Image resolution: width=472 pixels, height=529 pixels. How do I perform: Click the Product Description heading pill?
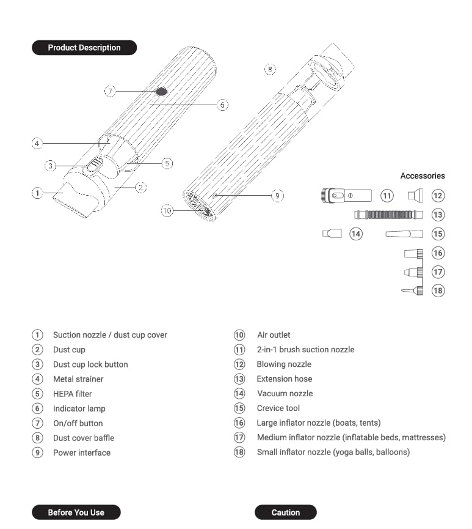click(x=84, y=48)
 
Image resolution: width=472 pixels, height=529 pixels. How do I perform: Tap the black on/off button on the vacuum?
click(x=161, y=91)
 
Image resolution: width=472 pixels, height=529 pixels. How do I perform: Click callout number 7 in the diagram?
click(x=110, y=91)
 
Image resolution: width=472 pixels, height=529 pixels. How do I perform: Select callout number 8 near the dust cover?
click(x=270, y=68)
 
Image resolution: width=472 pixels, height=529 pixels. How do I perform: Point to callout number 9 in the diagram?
click(x=278, y=196)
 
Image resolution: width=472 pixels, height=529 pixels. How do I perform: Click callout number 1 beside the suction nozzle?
click(x=37, y=193)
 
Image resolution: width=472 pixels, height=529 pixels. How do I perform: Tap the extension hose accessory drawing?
click(x=388, y=215)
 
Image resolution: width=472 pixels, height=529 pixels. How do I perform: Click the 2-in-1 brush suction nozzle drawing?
click(x=346, y=196)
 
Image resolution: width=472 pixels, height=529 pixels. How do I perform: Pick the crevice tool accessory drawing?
click(x=404, y=234)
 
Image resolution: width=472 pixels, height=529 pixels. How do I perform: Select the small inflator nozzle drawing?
click(x=412, y=290)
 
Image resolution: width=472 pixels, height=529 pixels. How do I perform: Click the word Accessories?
click(x=423, y=176)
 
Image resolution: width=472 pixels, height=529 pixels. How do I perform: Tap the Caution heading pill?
click(x=286, y=512)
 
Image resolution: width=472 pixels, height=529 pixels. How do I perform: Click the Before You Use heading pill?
click(x=76, y=512)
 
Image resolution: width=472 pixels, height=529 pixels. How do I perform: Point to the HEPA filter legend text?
click(x=72, y=394)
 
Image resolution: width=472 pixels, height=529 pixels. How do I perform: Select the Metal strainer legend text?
click(x=78, y=379)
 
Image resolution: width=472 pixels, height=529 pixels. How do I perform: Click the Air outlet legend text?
click(x=274, y=335)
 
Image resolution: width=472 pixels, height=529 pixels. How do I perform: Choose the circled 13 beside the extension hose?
click(x=438, y=215)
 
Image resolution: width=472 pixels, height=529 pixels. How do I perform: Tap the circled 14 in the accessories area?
click(x=356, y=234)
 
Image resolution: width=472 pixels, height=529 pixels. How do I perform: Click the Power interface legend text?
click(x=82, y=453)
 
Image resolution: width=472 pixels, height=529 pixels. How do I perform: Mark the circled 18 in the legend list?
click(x=239, y=453)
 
